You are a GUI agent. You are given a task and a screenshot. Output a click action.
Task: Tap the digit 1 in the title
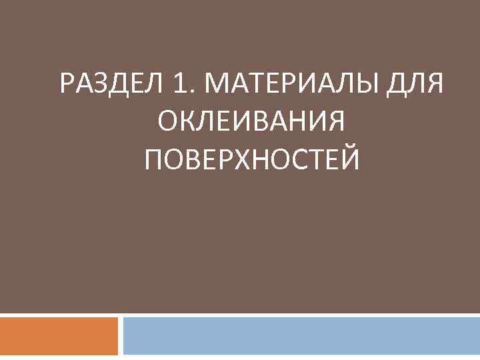[x=178, y=85]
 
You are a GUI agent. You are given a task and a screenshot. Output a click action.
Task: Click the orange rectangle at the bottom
[x=59, y=336]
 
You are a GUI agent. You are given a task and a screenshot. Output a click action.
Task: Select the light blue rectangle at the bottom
[x=301, y=336]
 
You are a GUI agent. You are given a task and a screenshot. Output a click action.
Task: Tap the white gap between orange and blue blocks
[x=121, y=336]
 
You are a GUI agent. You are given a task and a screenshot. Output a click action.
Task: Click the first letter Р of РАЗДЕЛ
[x=67, y=85]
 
